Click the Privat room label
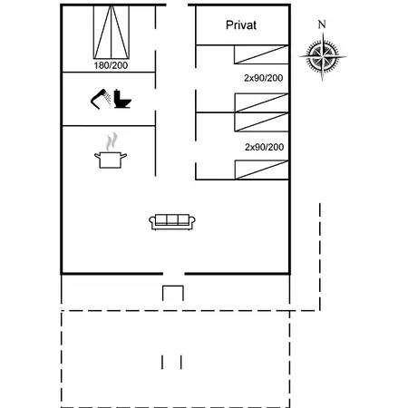point(241,25)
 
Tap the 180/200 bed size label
point(111,65)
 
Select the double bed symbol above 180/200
point(112,32)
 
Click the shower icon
point(101,99)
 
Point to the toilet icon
point(122,99)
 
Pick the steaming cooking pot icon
point(111,151)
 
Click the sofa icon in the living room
point(172,222)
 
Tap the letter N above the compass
point(322,24)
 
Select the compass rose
point(323,56)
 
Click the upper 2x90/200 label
point(264,78)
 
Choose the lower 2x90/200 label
point(264,147)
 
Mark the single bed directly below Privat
point(261,54)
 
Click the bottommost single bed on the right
point(262,170)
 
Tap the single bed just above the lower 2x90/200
point(262,121)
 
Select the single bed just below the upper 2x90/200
point(262,102)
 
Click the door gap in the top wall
point(177,5)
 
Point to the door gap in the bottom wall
point(174,274)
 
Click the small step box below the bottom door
point(173,293)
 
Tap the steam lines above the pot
point(112,141)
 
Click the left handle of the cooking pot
point(97,156)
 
